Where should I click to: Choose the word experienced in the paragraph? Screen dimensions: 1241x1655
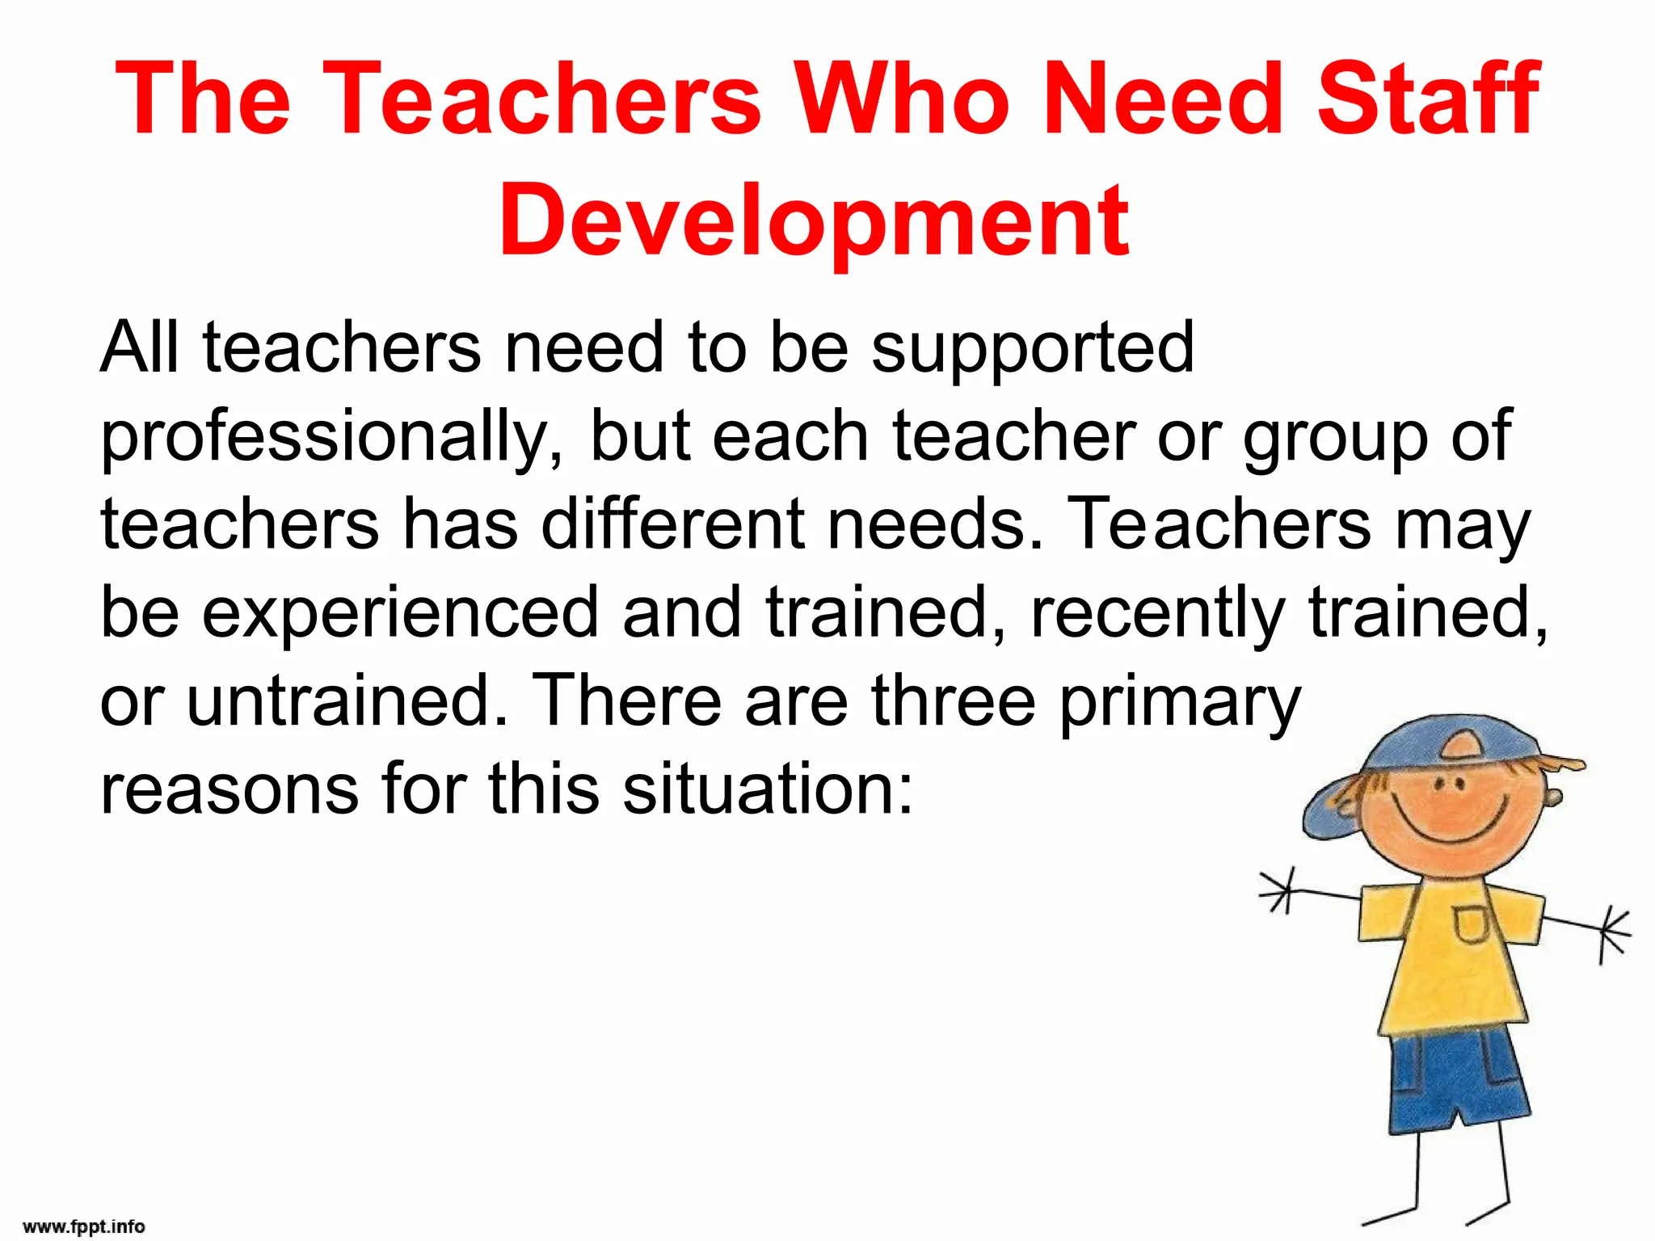[400, 612]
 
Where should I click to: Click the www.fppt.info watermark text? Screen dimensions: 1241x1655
[84, 1226]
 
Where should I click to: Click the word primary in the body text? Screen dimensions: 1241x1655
[1180, 701]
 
